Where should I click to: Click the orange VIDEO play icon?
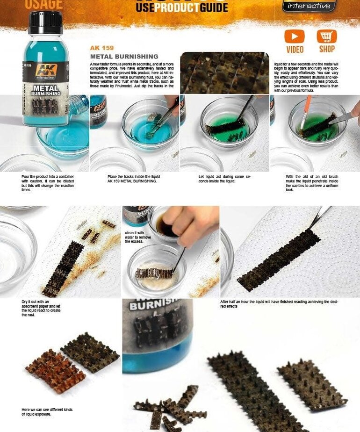click(x=294, y=36)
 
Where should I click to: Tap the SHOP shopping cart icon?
click(x=327, y=36)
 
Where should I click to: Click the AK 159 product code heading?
click(x=101, y=48)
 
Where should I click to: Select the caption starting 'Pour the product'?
click(x=48, y=183)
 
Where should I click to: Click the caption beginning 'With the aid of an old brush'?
click(x=312, y=183)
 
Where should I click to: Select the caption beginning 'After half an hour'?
click(x=279, y=304)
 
